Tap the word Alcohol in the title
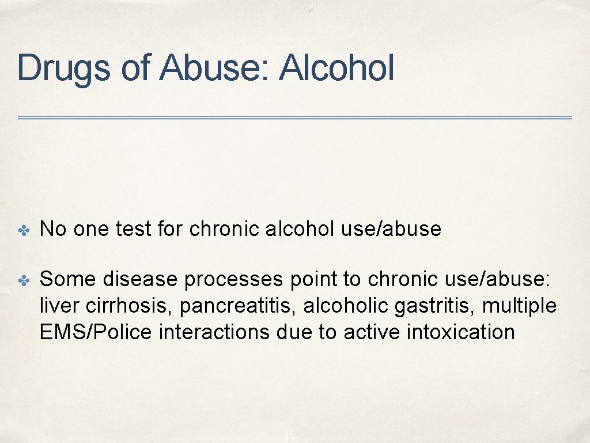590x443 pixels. coord(336,67)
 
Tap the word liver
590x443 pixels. coord(54,306)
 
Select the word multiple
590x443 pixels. coord(520,306)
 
